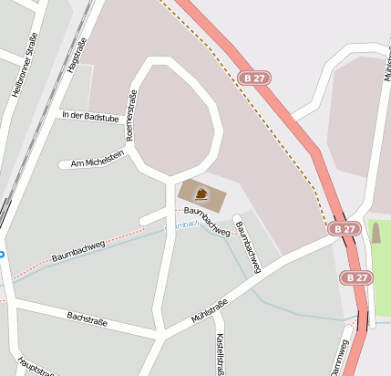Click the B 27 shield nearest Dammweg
tap(357, 277)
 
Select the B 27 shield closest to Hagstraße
tap(253, 78)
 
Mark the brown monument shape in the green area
tap(376, 234)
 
